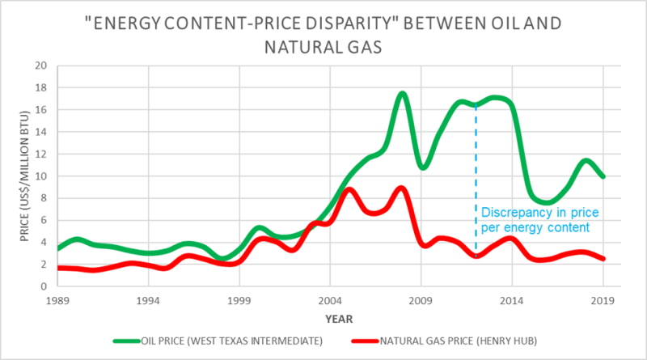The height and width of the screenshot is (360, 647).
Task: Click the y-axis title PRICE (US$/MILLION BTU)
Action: (x=19, y=176)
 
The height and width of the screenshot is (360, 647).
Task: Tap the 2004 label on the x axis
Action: (x=329, y=300)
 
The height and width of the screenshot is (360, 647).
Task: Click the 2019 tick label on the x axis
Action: (x=601, y=300)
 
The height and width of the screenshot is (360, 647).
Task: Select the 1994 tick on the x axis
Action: (x=148, y=300)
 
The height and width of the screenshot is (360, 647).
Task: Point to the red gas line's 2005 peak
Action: (x=348, y=189)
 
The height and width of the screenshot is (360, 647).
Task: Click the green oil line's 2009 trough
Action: (x=421, y=167)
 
